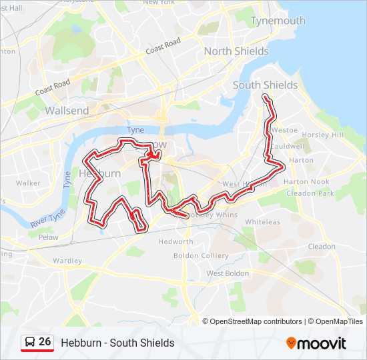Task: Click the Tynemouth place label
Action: [278, 21]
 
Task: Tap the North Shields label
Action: [236, 51]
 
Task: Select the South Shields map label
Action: [265, 85]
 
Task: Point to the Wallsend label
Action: [67, 111]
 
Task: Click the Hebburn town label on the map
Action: [99, 173]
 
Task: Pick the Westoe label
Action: [284, 131]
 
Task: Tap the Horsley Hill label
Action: [322, 135]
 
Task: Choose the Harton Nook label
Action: [306, 181]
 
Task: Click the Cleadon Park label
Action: [309, 193]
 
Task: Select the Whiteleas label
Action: [262, 222]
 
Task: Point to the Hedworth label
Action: [176, 241]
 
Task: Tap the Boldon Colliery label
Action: [201, 255]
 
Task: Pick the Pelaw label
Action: [48, 237]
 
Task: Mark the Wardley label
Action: [67, 261]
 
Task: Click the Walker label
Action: [28, 183]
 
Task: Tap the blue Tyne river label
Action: [135, 129]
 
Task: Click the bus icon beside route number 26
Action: [29, 342]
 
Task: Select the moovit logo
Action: [316, 343]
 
